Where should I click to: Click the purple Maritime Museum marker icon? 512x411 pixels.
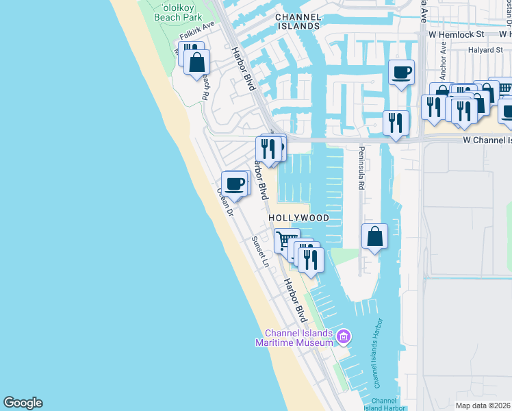click(344, 336)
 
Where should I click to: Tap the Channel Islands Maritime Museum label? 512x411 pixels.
click(298, 338)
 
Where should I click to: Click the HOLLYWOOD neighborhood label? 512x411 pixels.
click(298, 218)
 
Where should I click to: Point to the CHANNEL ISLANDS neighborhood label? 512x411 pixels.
click(298, 21)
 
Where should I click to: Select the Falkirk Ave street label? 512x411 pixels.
click(197, 30)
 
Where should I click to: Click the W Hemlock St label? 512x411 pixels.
click(456, 34)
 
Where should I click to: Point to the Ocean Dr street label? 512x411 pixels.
click(225, 203)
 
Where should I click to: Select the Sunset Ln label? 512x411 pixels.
click(260, 252)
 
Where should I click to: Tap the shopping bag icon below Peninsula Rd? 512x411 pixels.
click(374, 237)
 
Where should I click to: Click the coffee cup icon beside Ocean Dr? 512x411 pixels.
click(235, 184)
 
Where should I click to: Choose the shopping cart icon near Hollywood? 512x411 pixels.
click(287, 240)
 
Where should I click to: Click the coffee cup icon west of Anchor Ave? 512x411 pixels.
click(401, 71)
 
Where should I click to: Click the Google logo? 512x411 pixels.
click(23, 403)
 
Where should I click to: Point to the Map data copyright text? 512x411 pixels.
click(483, 406)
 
